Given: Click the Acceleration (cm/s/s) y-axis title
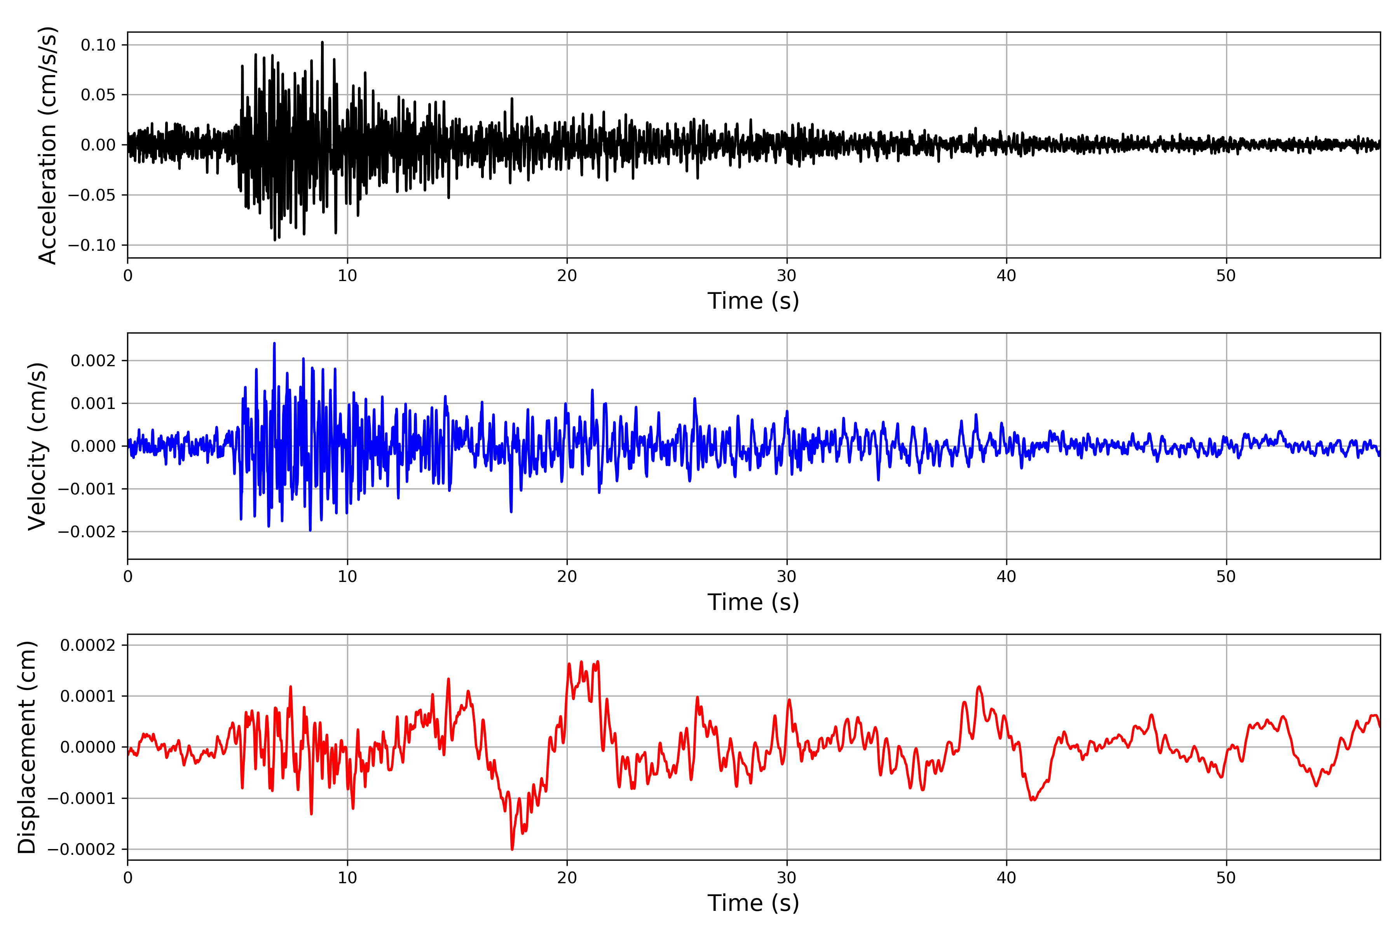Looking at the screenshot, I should point(47,145).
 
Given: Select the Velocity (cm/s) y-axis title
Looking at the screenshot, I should point(37,446).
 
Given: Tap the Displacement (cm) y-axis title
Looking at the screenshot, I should point(27,747).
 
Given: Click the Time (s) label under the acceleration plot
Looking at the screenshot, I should point(753,301).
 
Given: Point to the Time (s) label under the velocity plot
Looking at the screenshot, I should point(753,602).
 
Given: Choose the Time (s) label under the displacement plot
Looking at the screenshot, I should point(753,903).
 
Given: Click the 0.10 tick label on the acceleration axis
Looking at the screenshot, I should point(98,45).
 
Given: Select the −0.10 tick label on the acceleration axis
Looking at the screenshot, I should point(92,245).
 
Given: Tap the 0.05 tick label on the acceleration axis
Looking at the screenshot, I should point(98,95).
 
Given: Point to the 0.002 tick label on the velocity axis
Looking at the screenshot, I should point(93,361).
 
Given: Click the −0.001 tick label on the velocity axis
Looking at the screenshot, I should point(87,489).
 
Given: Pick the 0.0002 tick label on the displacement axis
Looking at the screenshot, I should point(87,646).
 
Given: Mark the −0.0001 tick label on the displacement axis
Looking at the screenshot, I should point(82,798).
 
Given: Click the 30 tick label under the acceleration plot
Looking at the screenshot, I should point(786,276).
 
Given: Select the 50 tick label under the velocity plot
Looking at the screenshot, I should point(1226,577).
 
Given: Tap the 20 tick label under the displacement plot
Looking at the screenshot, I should point(567,878).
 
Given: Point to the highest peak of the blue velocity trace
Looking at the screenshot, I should point(274,343).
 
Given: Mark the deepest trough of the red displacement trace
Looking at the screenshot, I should point(512,849).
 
